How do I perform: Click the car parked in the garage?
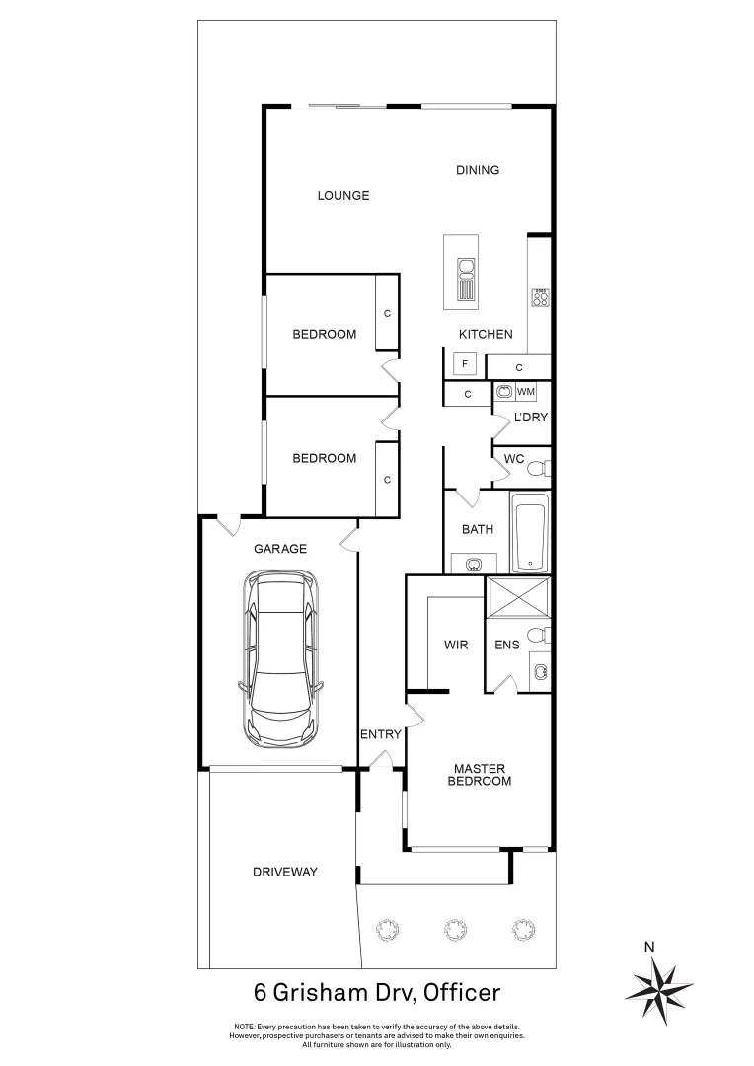282,659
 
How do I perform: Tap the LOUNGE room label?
342,195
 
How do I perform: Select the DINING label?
477,170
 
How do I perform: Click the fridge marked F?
465,363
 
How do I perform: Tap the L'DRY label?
530,418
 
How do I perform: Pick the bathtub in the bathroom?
530,536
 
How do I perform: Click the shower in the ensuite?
517,599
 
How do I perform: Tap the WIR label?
456,645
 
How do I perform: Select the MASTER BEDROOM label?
482,774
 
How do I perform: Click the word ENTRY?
380,733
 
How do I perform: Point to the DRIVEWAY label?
284,872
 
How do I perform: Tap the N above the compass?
648,948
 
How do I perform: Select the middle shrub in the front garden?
453,928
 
